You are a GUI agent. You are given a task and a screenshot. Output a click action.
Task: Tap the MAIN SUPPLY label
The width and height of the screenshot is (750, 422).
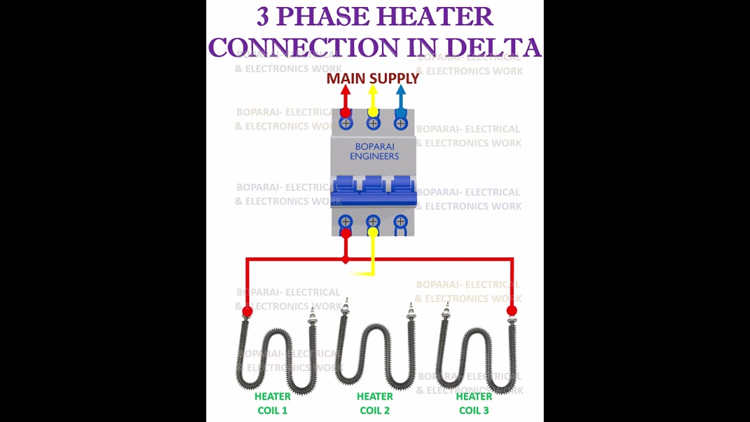click(x=373, y=79)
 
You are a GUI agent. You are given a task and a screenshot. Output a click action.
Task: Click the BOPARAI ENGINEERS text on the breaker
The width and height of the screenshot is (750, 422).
click(x=374, y=151)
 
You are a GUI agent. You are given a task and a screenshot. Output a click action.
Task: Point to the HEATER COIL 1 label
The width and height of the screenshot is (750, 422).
click(x=272, y=403)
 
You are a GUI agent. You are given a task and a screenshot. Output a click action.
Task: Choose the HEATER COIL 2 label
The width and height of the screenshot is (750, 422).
click(x=374, y=403)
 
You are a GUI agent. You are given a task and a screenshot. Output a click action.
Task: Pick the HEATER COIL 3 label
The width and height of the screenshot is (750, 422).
click(x=474, y=403)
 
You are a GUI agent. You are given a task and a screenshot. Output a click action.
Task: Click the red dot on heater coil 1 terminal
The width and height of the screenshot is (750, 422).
click(x=247, y=311)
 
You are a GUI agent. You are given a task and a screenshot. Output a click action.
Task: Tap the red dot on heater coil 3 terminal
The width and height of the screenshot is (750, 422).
click(x=512, y=311)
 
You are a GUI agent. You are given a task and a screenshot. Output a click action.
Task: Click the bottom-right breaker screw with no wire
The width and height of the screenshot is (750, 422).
click(x=401, y=222)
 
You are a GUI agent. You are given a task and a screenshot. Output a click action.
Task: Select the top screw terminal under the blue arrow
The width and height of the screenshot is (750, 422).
click(x=401, y=123)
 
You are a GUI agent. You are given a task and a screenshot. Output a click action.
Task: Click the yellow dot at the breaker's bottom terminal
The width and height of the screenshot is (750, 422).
click(x=373, y=232)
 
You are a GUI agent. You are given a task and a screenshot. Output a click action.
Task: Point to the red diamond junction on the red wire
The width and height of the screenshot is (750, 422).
click(x=346, y=258)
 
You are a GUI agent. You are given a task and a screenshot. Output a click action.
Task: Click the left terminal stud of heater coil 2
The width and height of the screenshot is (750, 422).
click(x=345, y=308)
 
